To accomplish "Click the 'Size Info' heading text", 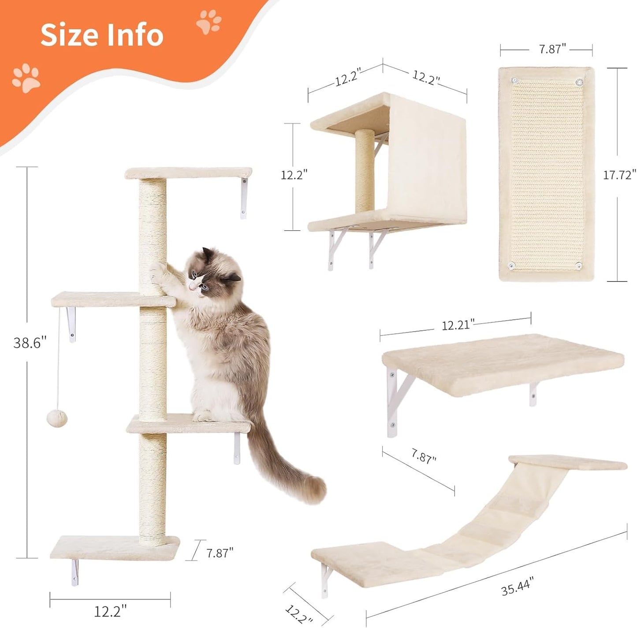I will coord(102,35).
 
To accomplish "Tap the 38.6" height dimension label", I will coord(30,343).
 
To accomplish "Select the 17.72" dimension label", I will coord(619,175).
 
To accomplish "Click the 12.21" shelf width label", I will coord(458,325).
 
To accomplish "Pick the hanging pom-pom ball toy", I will coord(57,417).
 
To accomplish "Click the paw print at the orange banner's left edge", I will coord(26,78).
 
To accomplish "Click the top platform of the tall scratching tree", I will coord(188,173).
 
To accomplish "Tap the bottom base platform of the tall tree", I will coord(115,547).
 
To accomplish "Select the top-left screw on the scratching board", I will coord(514,81).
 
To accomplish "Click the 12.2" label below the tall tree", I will coord(110,611).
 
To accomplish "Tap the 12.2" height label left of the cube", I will coord(294,175).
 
